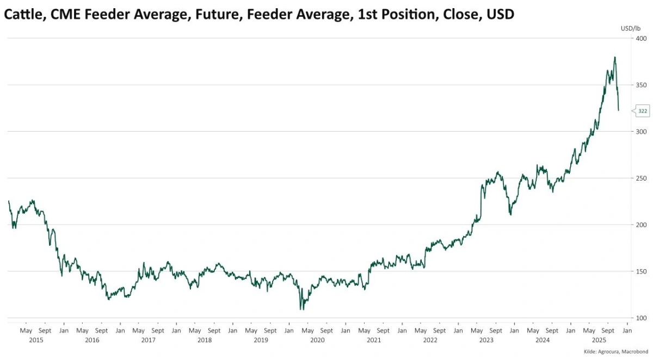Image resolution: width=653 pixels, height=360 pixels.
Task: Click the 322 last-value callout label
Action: point(643,111)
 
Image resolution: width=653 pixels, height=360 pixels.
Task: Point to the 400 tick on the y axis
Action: point(640,39)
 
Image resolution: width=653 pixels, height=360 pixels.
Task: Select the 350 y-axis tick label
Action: point(640,85)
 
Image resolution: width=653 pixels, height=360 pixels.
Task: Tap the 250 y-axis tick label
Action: point(640,178)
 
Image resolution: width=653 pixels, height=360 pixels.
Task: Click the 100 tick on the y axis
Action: point(640,318)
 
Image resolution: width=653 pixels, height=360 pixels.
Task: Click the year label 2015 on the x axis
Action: point(36,340)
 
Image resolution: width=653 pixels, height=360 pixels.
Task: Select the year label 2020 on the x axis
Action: point(317,340)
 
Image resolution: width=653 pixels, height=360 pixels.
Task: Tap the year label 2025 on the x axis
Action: point(599,340)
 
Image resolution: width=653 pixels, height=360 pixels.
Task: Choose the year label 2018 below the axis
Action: point(205,340)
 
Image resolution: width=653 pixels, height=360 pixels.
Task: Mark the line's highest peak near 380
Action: point(615,57)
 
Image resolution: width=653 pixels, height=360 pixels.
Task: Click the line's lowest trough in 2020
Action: point(301,309)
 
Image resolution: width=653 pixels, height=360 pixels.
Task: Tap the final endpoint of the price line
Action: point(619,110)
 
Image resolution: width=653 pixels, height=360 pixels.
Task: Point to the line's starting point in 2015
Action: point(9,201)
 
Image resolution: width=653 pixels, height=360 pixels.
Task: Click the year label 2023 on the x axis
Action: point(486,340)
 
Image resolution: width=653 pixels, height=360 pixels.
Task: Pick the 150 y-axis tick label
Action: point(640,271)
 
